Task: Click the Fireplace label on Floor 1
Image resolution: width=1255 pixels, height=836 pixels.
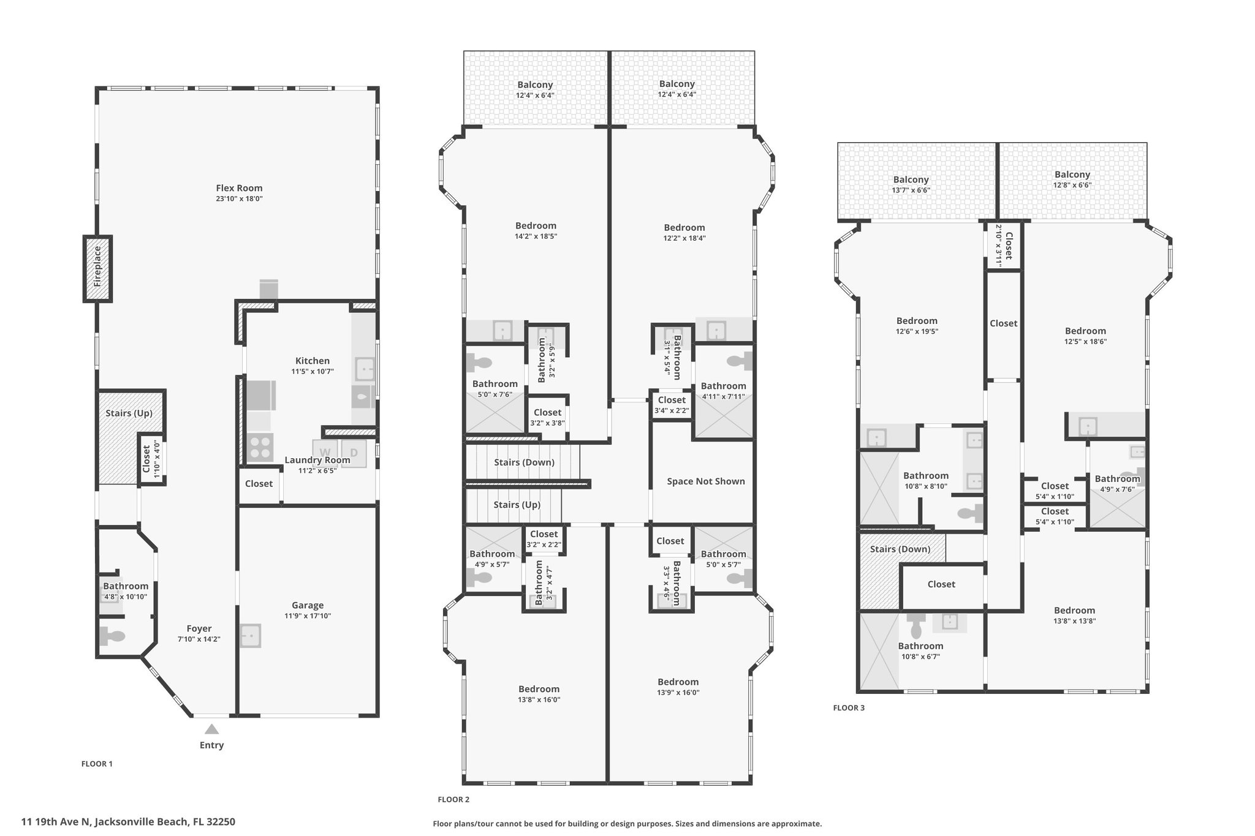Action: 97,267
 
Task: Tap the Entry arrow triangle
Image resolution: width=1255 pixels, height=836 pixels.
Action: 211,729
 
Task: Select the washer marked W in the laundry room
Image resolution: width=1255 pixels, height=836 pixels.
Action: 325,453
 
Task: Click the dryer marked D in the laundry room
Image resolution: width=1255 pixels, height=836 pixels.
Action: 354,453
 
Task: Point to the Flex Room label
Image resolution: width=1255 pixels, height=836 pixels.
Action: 239,188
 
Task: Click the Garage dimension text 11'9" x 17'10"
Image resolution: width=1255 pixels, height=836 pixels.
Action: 308,616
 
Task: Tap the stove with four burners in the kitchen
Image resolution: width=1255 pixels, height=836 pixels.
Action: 260,447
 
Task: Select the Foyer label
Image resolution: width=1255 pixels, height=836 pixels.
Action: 199,628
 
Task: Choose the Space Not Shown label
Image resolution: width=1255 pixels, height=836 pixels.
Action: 706,481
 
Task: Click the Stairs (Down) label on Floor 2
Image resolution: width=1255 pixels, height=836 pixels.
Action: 525,462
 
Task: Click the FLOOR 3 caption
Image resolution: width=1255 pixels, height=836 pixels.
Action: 849,708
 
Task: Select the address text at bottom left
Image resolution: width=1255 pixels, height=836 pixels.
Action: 128,822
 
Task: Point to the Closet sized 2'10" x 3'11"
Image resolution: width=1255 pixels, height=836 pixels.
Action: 1004,245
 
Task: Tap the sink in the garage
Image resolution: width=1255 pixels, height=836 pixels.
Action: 251,636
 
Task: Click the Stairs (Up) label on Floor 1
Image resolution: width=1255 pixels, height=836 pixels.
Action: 129,413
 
